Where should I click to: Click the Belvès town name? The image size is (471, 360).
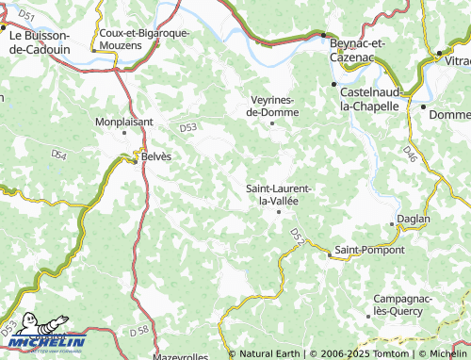pyautogui.click(x=156, y=157)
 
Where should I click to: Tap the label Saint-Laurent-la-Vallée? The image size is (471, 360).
pyautogui.click(x=279, y=194)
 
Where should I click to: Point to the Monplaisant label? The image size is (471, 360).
pyautogui.click(x=123, y=122)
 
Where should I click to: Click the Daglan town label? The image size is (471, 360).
pyautogui.click(x=414, y=219)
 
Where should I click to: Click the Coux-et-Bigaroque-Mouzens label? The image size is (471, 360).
pyautogui.click(x=144, y=38)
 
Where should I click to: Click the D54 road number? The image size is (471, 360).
pyautogui.click(x=59, y=154)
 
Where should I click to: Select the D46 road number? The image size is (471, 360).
pyautogui.click(x=409, y=150)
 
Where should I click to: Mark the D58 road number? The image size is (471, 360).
pyautogui.click(x=138, y=329)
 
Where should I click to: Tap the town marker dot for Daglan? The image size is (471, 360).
pyautogui.click(x=392, y=223)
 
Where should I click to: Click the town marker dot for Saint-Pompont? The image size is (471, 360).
pyautogui.click(x=329, y=254)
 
